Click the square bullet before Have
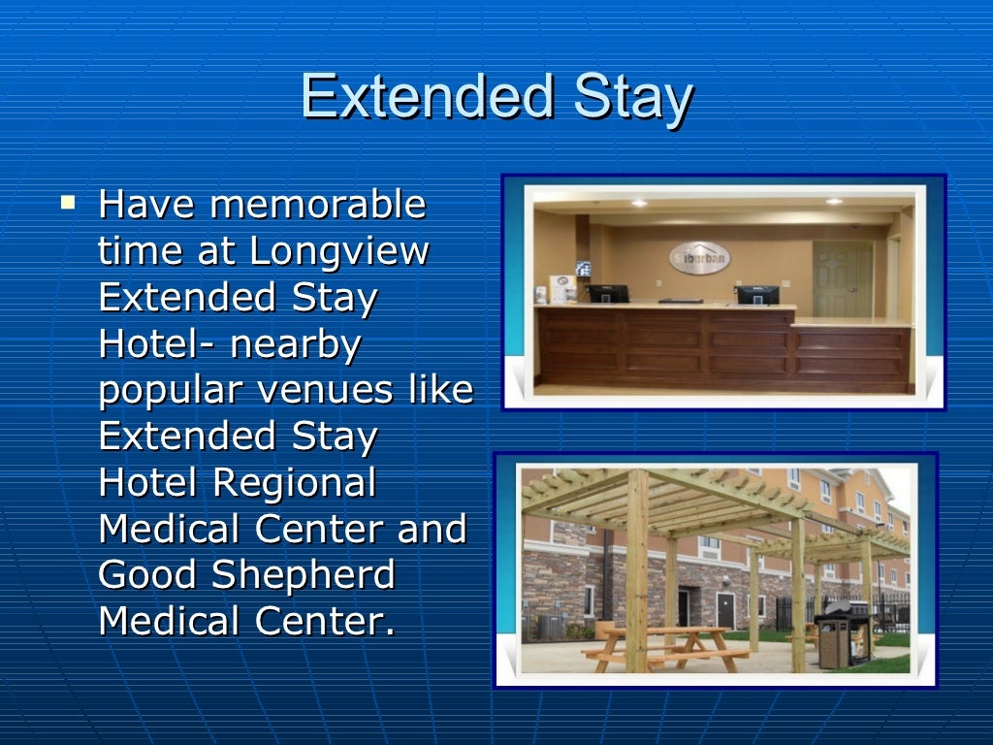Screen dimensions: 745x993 point(67,204)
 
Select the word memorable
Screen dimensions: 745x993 point(318,206)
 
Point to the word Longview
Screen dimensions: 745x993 point(339,252)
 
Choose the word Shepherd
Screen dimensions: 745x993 point(304,574)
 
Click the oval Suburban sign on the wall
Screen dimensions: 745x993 point(699,257)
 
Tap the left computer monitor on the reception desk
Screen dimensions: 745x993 point(608,292)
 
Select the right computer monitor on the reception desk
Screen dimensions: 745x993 point(756,294)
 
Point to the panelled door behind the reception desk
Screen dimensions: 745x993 point(842,278)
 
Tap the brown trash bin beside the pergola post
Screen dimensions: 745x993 point(833,641)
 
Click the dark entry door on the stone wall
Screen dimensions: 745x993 point(725,610)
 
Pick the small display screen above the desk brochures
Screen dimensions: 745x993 point(583,269)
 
